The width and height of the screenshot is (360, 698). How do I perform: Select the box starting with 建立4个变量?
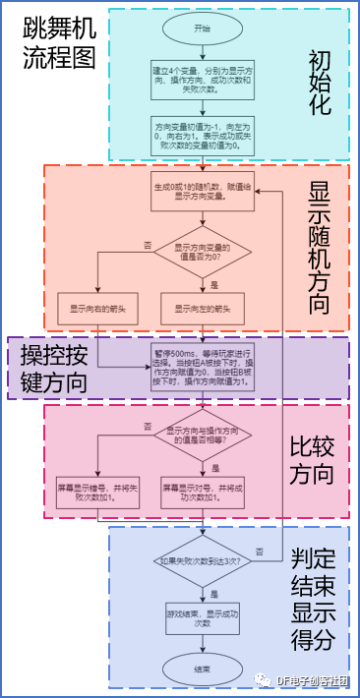point(202,80)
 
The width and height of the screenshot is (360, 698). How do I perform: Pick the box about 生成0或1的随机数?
point(202,194)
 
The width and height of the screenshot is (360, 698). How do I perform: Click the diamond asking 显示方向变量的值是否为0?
point(202,253)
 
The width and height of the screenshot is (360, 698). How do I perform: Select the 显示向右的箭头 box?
point(96,308)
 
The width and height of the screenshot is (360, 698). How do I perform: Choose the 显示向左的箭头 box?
point(202,308)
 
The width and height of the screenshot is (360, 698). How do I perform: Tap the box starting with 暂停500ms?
point(202,366)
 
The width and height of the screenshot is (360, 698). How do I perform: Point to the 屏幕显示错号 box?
point(96,491)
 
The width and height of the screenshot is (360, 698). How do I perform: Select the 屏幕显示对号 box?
point(202,491)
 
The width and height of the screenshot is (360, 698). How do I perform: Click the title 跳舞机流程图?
point(59,43)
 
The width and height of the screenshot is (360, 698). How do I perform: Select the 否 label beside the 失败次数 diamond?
point(259,552)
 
